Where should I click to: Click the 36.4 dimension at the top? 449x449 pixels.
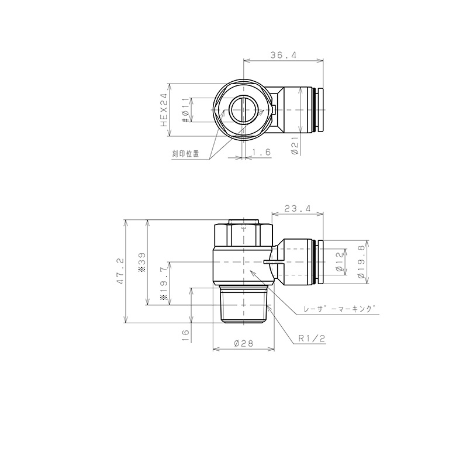click(284, 56)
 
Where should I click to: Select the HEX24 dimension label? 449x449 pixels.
click(164, 109)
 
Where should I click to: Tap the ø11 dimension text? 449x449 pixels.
click(184, 109)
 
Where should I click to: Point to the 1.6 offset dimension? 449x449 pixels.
click(260, 153)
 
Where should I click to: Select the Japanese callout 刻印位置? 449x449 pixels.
click(185, 154)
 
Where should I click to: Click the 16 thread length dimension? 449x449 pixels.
click(185, 334)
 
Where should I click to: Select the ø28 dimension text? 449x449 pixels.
click(243, 344)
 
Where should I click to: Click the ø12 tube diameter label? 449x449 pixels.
click(340, 263)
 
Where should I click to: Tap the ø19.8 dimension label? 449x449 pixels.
click(361, 263)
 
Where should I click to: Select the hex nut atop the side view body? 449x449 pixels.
click(243, 233)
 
